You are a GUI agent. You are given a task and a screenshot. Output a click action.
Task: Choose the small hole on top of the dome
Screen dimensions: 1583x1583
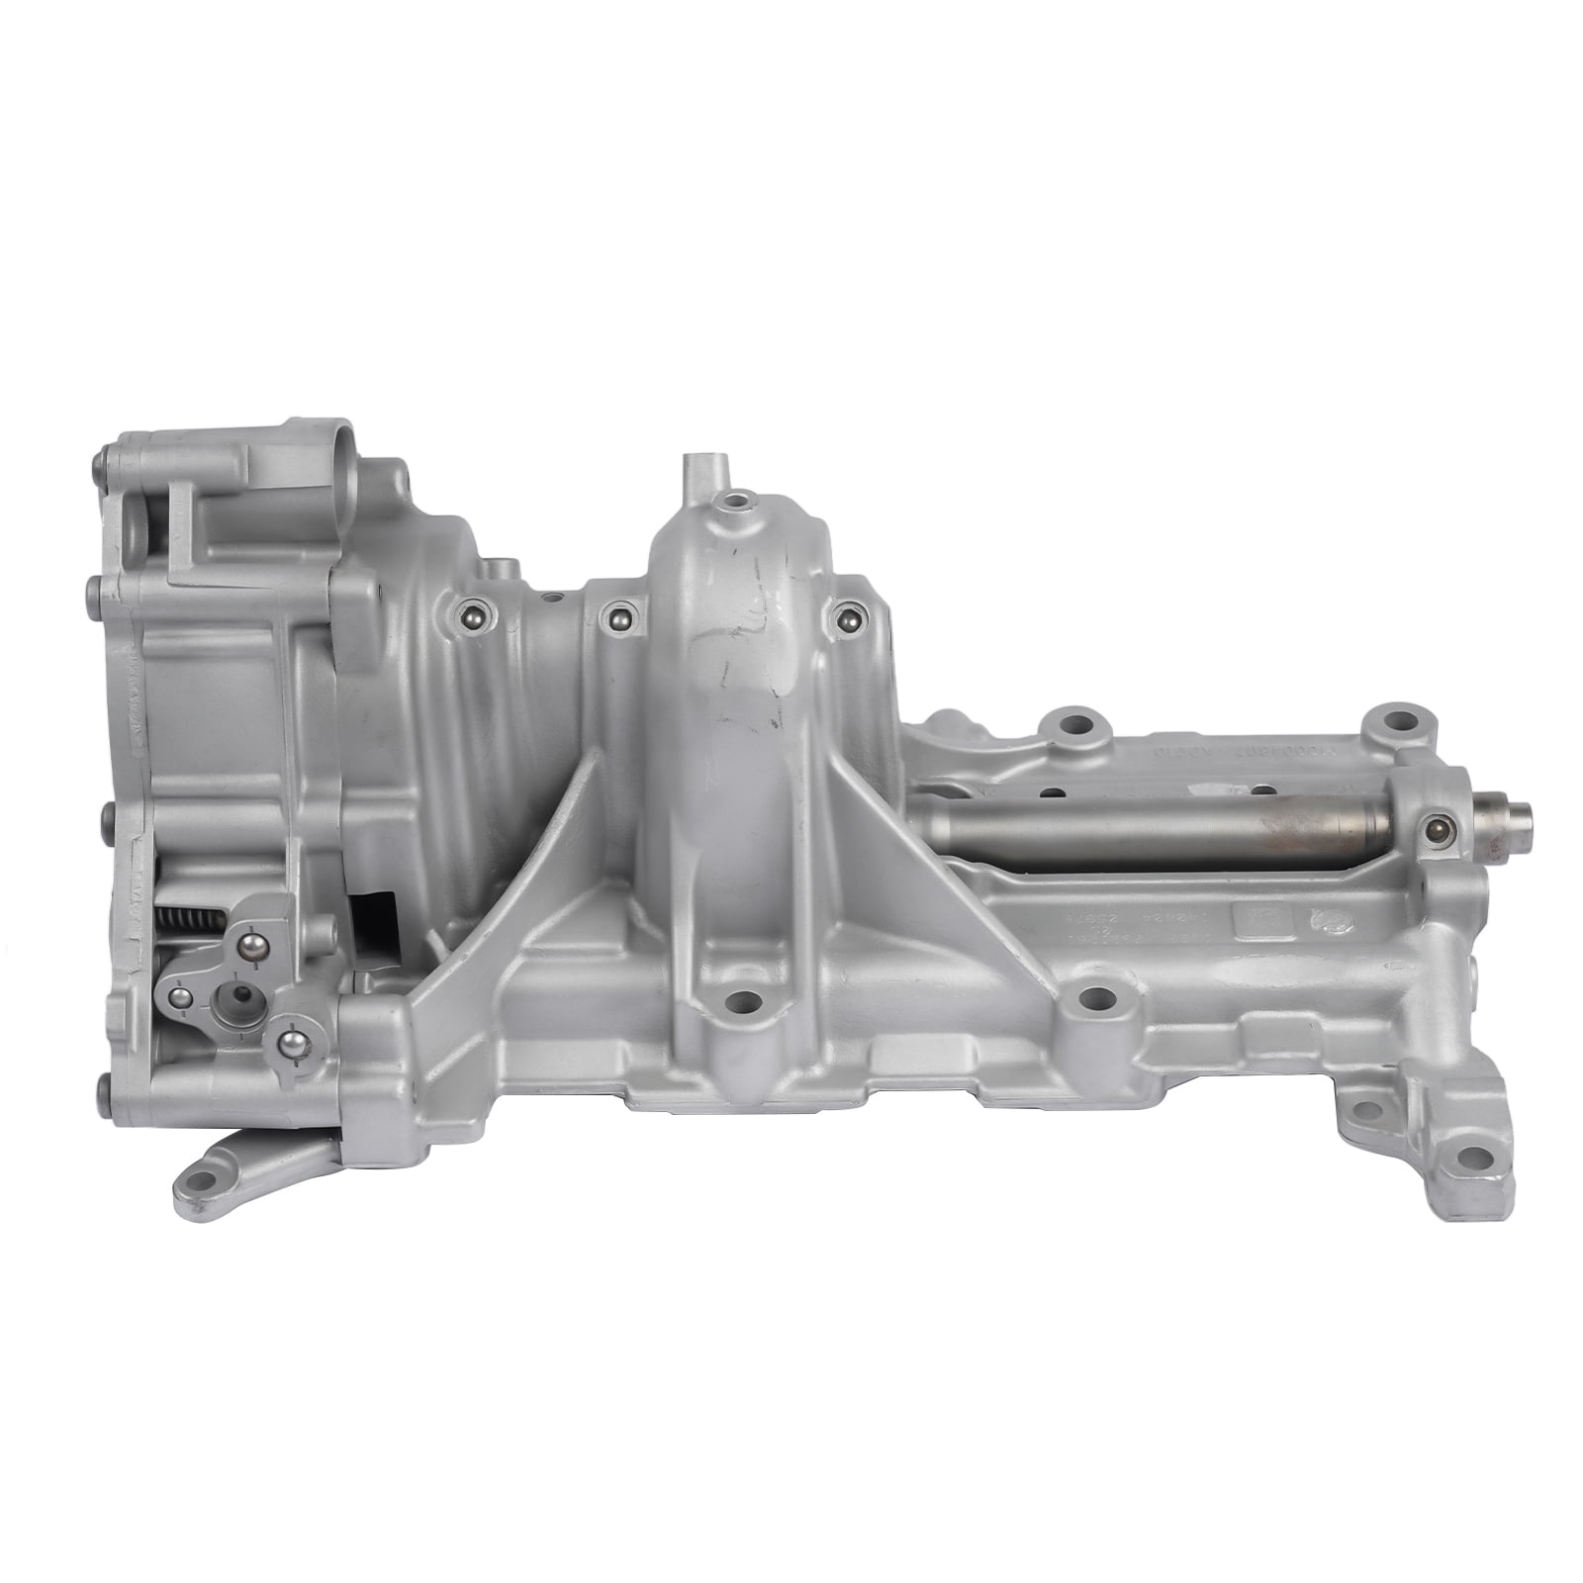tap(733, 503)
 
